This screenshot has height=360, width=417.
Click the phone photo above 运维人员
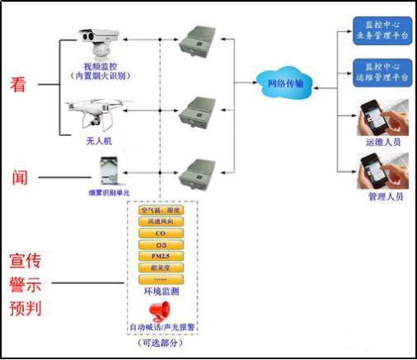pos(382,117)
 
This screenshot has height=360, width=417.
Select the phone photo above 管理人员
pos(382,171)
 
